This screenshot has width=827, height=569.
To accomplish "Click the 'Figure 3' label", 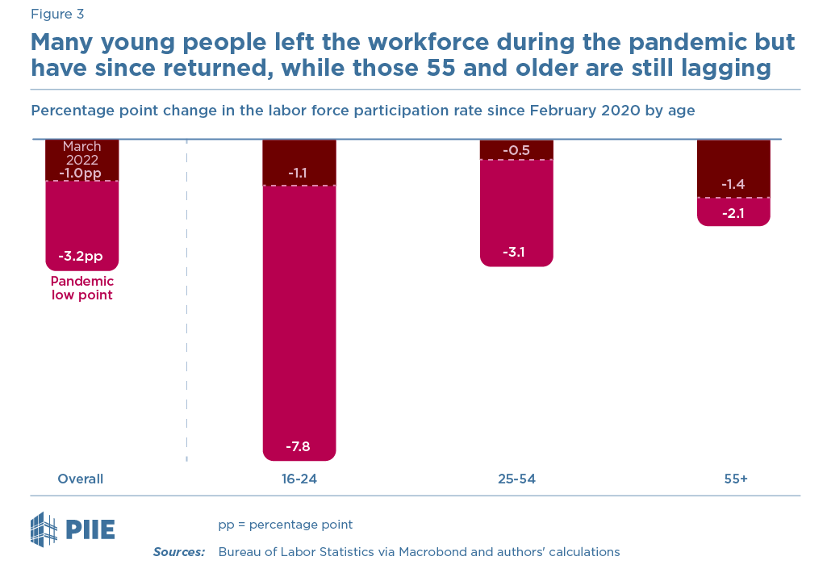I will point(56,14).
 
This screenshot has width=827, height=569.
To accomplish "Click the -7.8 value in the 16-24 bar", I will point(299,446).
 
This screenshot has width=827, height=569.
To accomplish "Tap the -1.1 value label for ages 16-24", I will point(299,173).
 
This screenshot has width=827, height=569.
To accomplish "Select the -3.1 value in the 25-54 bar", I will point(516,253).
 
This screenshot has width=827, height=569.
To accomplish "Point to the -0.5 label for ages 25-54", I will point(516,150).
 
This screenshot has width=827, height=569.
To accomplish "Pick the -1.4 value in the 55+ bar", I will point(733,185).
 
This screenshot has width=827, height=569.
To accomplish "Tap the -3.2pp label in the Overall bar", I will point(81,257).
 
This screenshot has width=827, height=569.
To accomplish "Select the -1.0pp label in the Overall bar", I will point(81,173).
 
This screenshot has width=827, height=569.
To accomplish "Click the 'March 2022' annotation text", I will point(81,153).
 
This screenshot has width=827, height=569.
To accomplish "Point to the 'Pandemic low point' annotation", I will point(81,288).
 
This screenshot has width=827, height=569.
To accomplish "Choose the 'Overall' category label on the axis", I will point(80,479).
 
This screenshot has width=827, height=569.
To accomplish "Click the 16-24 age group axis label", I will point(299,479).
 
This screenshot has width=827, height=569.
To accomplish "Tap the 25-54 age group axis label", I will point(516,479).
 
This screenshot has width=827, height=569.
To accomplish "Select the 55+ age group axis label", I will point(736,479).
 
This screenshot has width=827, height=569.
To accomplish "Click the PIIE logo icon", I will point(45,529).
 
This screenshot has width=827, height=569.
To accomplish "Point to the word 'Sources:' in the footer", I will point(179,552).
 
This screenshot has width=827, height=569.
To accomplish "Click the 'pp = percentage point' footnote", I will point(285,525).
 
